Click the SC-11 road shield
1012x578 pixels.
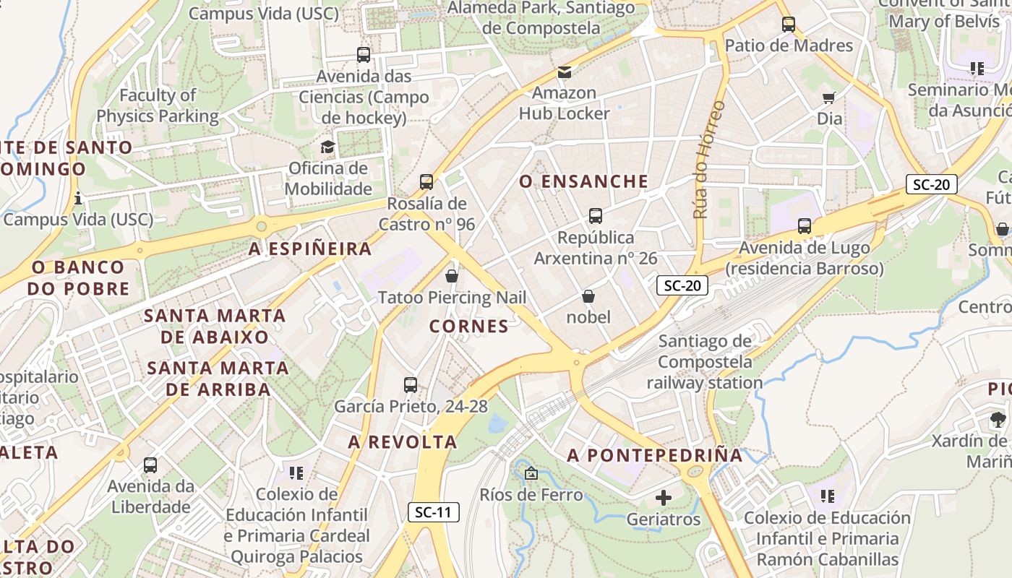(434, 512)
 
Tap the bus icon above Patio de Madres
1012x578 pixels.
(789, 25)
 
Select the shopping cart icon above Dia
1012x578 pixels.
(829, 98)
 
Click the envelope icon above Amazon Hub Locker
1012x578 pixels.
(564, 72)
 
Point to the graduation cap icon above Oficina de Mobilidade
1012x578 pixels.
(328, 147)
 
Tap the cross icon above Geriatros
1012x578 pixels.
(663, 498)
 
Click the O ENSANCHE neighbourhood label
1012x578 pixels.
(584, 181)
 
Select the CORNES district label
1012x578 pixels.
(469, 326)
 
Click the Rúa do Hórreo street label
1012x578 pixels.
(708, 160)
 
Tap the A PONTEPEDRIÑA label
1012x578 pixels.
(655, 455)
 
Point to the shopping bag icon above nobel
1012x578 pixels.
(588, 296)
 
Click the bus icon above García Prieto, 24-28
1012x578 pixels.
(411, 385)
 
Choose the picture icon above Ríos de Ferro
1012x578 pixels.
(531, 474)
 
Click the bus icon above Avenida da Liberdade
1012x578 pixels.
(150, 465)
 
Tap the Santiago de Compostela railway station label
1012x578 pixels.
(705, 361)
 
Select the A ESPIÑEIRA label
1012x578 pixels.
(310, 249)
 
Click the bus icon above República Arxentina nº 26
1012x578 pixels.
(596, 216)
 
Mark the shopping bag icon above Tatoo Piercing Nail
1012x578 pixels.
(452, 276)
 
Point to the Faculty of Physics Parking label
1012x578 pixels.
(158, 105)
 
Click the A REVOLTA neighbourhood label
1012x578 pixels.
(403, 441)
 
